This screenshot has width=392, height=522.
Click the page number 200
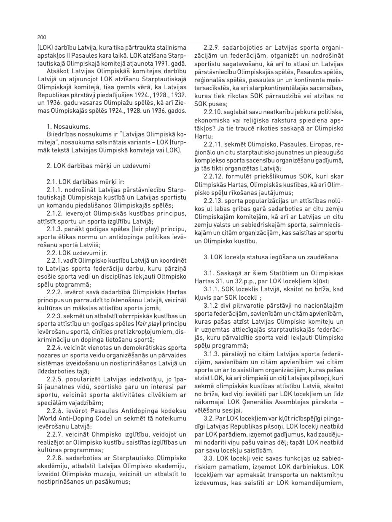pyautogui.click(x=41, y=37)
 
